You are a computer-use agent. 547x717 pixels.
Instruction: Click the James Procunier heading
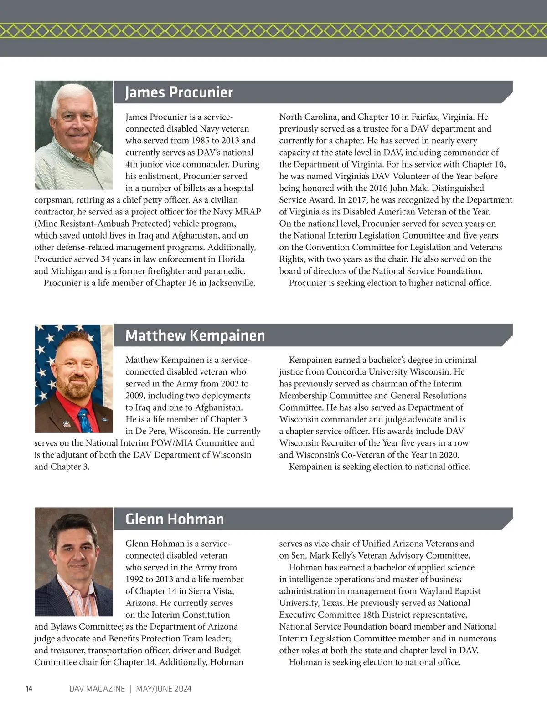[179, 92]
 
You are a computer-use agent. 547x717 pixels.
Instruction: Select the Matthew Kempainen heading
[195, 336]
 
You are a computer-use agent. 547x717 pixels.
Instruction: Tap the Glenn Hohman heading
[175, 519]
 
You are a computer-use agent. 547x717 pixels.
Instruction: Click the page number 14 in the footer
[29, 689]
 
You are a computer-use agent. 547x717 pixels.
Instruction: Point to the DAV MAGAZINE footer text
[97, 689]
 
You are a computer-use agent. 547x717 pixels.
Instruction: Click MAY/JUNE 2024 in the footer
[163, 689]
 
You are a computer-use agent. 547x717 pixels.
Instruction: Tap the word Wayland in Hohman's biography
[429, 591]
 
